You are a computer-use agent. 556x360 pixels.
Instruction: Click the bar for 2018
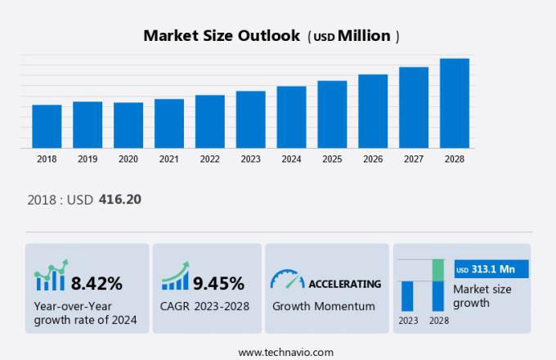click(47, 126)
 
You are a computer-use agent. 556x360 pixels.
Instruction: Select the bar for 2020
click(128, 125)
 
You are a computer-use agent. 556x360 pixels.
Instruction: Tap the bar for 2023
click(251, 119)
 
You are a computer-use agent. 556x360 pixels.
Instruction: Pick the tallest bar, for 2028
click(455, 103)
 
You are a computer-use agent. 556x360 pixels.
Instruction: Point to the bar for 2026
click(373, 111)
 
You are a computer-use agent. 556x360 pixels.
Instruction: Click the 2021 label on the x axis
click(169, 159)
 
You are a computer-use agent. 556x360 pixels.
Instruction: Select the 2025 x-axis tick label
click(332, 159)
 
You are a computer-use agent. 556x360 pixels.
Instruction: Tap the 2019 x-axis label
click(87, 159)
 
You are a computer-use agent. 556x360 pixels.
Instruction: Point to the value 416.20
click(120, 199)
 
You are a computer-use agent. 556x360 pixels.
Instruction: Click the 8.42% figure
click(96, 284)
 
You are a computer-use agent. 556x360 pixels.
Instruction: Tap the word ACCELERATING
click(344, 284)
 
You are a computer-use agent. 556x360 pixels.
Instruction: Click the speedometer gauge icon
click(286, 280)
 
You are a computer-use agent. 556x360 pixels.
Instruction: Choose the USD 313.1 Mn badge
click(491, 269)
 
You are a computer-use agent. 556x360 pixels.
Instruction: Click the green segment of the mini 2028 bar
click(438, 270)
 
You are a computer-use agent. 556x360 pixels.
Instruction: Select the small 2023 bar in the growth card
click(407, 295)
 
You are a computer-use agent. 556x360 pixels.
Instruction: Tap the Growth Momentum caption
click(324, 306)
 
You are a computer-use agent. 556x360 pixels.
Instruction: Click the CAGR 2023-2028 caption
click(205, 306)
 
